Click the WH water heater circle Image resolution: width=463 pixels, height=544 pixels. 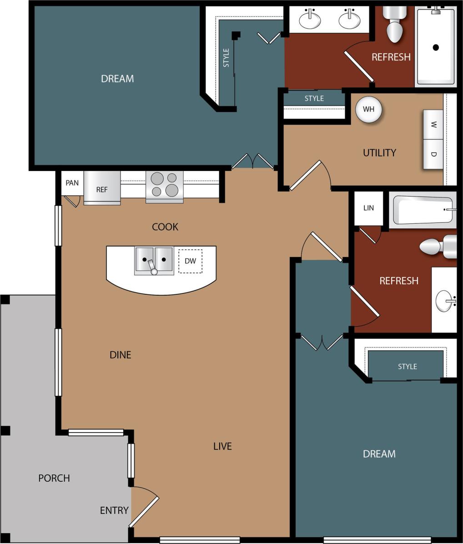(368, 109)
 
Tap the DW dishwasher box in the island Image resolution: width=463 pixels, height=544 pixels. (190, 261)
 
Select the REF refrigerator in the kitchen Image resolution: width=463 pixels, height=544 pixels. (102, 189)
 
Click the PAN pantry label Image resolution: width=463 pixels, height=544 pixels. (72, 183)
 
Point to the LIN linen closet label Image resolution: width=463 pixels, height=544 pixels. (368, 208)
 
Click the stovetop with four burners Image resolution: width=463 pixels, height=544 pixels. (165, 185)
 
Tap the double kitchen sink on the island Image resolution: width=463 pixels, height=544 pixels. (154, 260)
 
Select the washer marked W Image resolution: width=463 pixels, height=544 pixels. (433, 124)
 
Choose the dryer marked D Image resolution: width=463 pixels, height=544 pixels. (433, 154)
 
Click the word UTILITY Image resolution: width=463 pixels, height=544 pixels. (379, 153)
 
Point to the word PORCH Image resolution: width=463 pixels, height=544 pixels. (54, 478)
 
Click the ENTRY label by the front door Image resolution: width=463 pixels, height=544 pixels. (114, 510)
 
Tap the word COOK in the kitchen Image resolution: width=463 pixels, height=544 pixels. (165, 227)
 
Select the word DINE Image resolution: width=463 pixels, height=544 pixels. (121, 355)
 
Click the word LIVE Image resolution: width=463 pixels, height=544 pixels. (222, 446)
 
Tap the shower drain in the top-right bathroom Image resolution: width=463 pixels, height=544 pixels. (436, 47)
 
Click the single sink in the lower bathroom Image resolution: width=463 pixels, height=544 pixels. (445, 301)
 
